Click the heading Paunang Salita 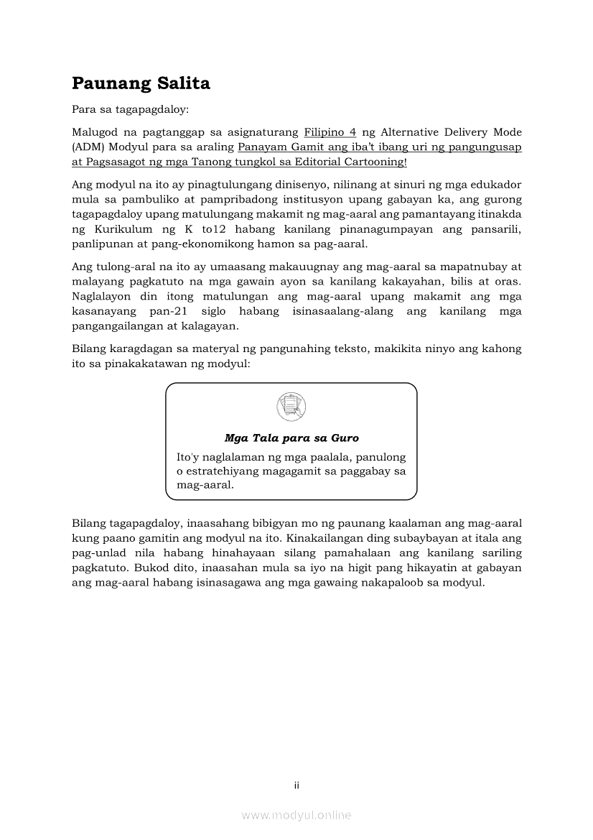point(141,83)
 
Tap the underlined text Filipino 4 point(330,132)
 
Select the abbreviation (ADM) point(88,147)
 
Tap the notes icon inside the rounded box point(291,406)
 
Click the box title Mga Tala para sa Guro point(291,438)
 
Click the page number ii point(296,785)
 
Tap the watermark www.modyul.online point(296,815)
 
